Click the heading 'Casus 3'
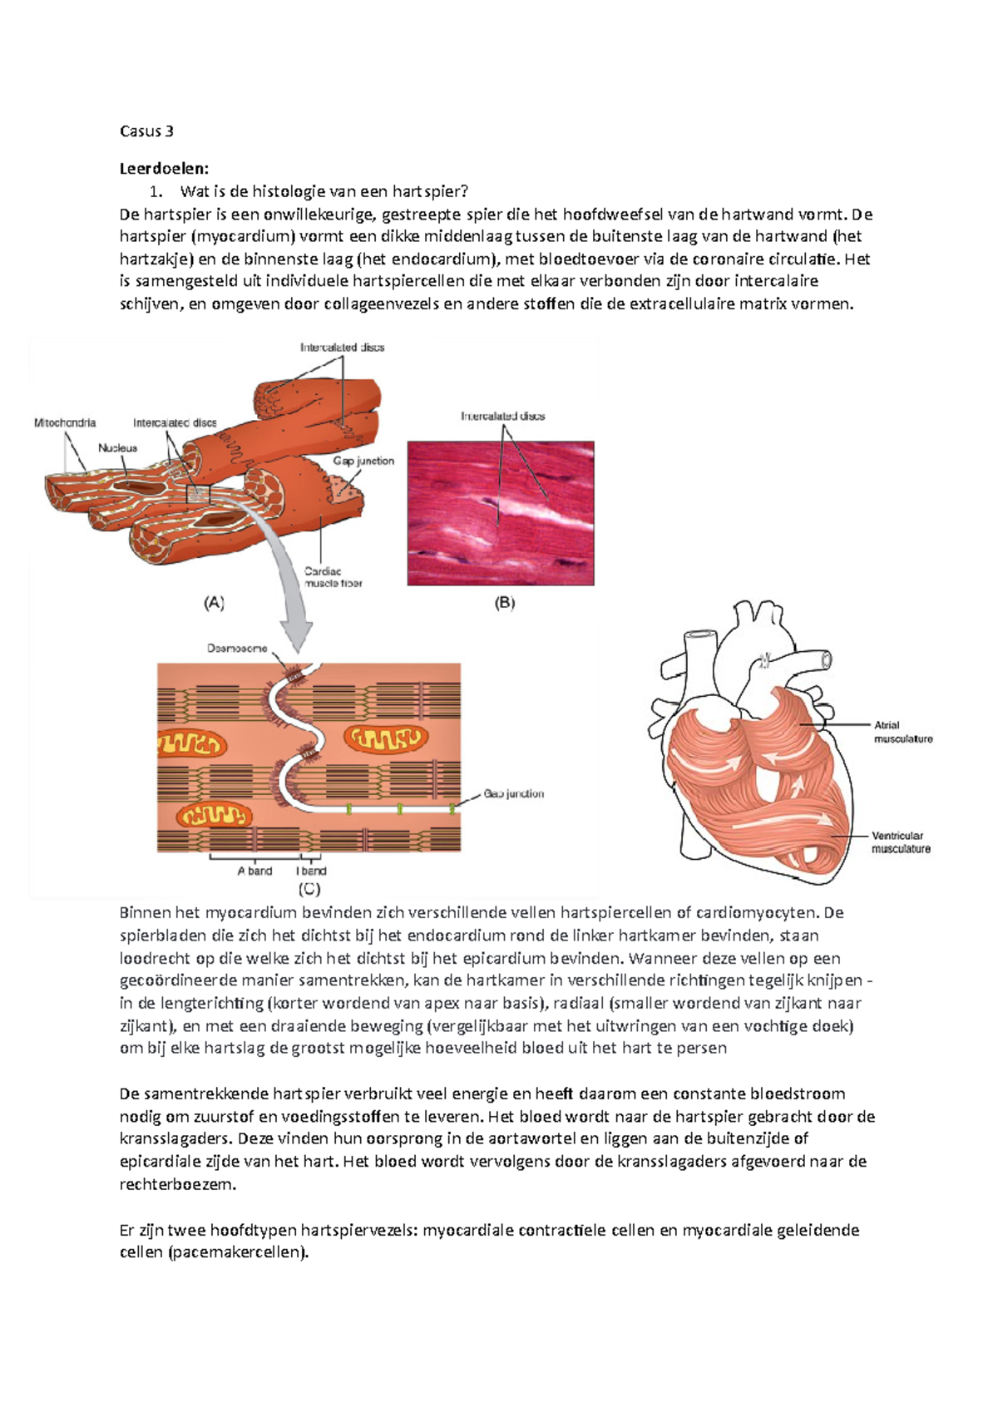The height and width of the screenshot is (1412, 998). coord(146,131)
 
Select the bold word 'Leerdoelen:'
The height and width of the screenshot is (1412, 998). coord(164,169)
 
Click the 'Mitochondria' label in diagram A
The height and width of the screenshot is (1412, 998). coord(65,423)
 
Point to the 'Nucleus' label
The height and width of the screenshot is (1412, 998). coord(117,448)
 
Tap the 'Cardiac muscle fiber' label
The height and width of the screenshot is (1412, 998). coord(332,577)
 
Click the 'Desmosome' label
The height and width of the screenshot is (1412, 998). coord(237,649)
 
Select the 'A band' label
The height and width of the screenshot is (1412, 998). coord(254,871)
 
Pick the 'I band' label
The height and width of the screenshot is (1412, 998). coord(311,871)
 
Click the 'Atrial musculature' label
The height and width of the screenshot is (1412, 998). coord(902,732)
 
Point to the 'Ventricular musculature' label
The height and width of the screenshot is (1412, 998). coord(900,842)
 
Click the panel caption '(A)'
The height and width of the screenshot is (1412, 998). coord(215,604)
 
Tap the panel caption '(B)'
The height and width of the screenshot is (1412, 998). coord(505,604)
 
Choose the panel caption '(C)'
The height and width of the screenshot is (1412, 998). coord(309,889)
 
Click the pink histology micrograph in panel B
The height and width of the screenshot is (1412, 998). coord(501,513)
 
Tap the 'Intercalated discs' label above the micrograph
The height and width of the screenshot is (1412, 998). coord(502,416)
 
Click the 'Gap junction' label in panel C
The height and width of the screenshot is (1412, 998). coord(513,794)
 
